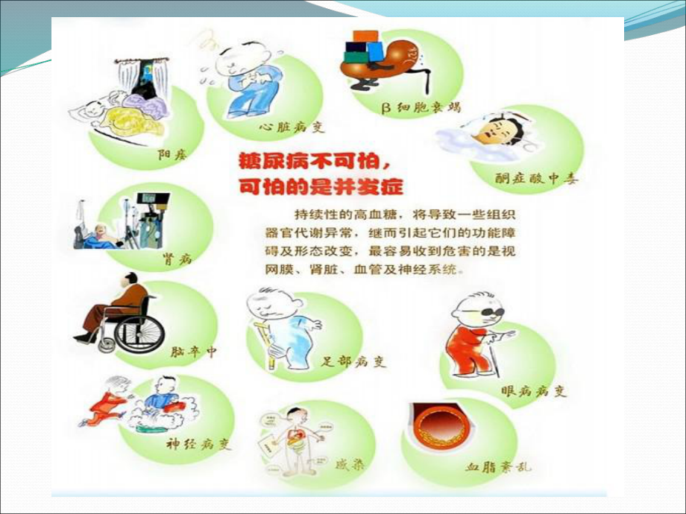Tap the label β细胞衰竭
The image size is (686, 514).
(421, 107)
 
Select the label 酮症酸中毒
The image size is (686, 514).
(537, 179)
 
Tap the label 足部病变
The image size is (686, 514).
(354, 363)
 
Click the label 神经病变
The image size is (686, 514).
(198, 445)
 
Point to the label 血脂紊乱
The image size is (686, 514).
(499, 467)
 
